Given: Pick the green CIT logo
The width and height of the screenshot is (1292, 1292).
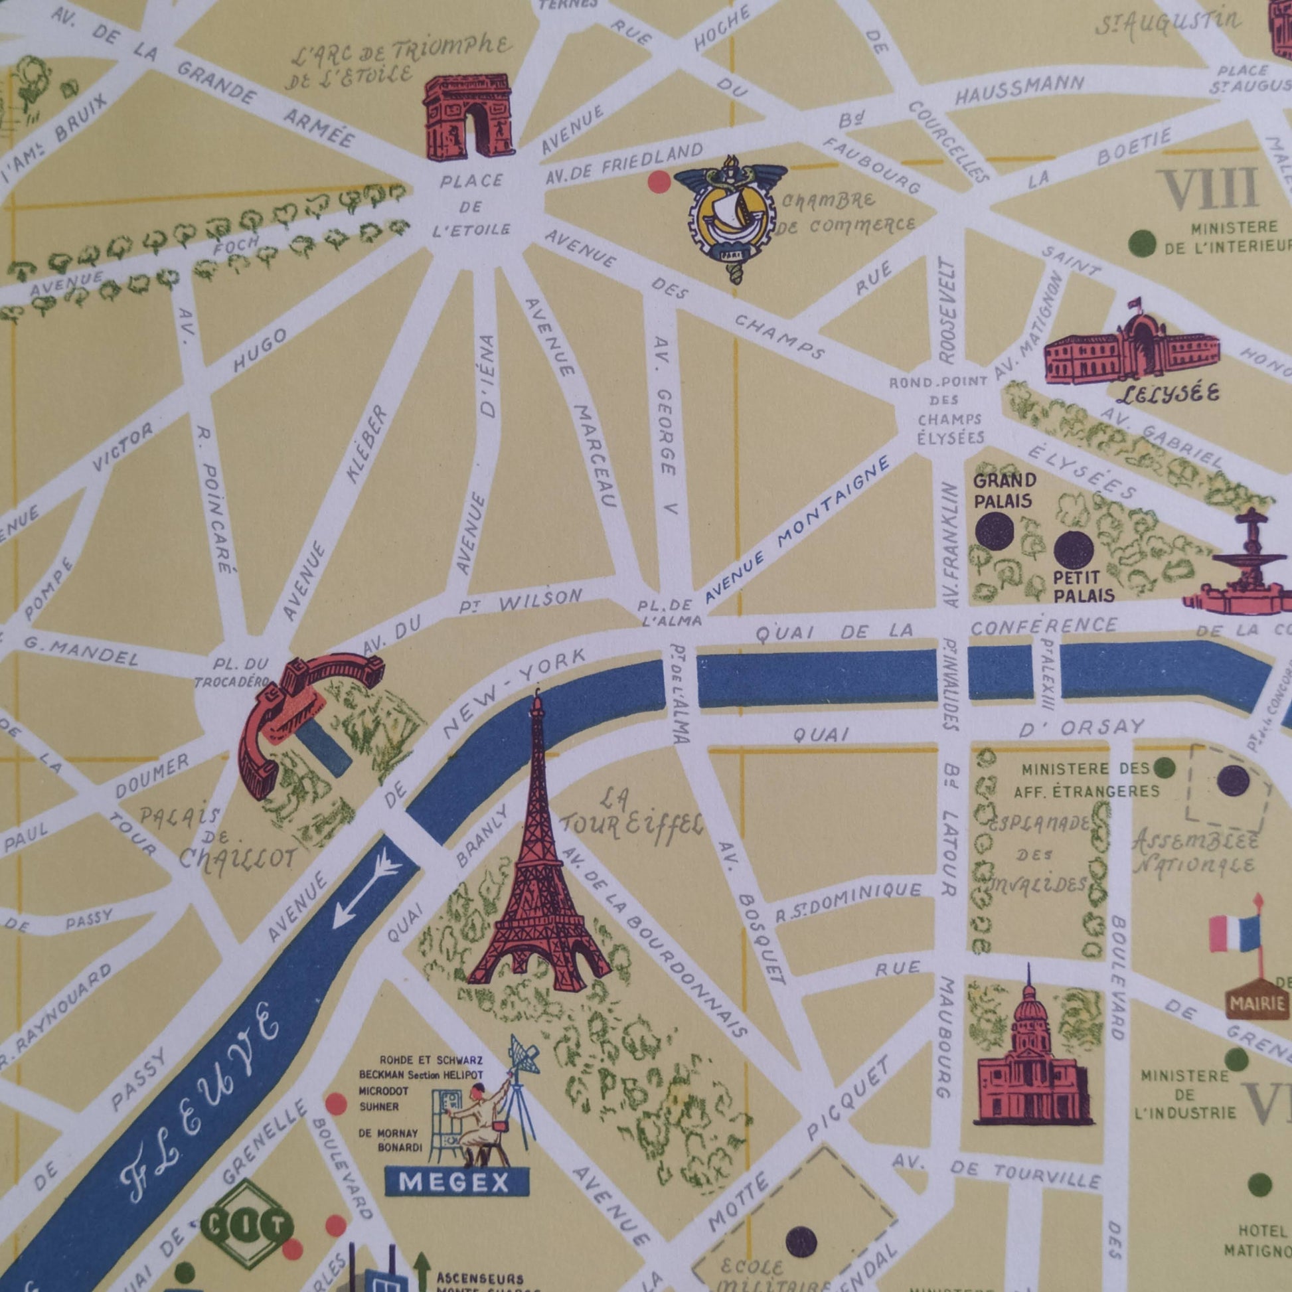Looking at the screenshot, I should [x=248, y=1225].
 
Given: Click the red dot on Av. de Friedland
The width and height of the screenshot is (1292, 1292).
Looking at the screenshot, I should [x=659, y=181].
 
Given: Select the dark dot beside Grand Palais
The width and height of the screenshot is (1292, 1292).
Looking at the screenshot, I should [x=994, y=532].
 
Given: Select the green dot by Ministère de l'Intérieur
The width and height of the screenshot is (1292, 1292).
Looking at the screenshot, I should [x=1141, y=242].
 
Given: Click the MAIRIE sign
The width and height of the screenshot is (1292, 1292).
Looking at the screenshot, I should [x=1258, y=1003].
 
